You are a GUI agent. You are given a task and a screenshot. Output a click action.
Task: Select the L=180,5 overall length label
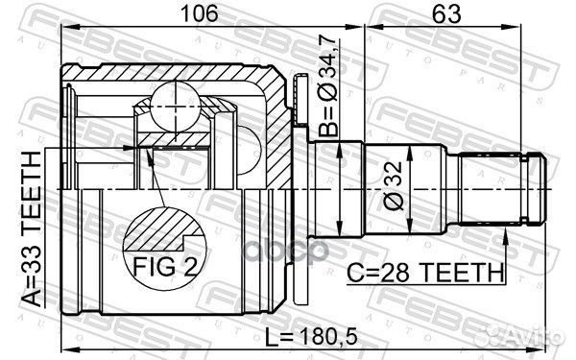[x=312, y=337]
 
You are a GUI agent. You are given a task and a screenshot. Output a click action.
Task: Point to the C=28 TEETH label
[x=423, y=273]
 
